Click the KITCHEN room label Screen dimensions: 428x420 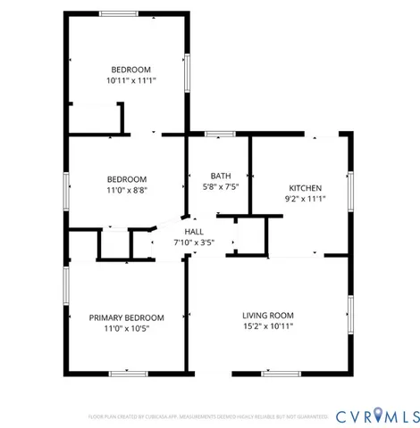[x=305, y=188]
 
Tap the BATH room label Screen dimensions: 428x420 [x=221, y=176]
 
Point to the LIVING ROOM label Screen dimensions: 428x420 [x=268, y=316]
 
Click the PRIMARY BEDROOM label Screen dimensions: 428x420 [x=126, y=317]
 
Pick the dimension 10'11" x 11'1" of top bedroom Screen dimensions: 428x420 [x=130, y=80]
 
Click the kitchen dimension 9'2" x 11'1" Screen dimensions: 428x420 [x=305, y=200]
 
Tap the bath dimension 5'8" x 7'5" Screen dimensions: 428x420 [x=221, y=187]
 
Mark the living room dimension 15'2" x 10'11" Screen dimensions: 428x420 [x=268, y=327]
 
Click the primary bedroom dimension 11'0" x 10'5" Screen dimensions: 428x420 [x=126, y=329]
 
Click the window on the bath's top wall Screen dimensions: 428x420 [x=220, y=134]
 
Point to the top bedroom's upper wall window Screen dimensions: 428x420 [x=119, y=12]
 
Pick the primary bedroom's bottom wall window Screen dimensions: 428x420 [x=128, y=372]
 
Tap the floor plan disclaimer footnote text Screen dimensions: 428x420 [x=208, y=416]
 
